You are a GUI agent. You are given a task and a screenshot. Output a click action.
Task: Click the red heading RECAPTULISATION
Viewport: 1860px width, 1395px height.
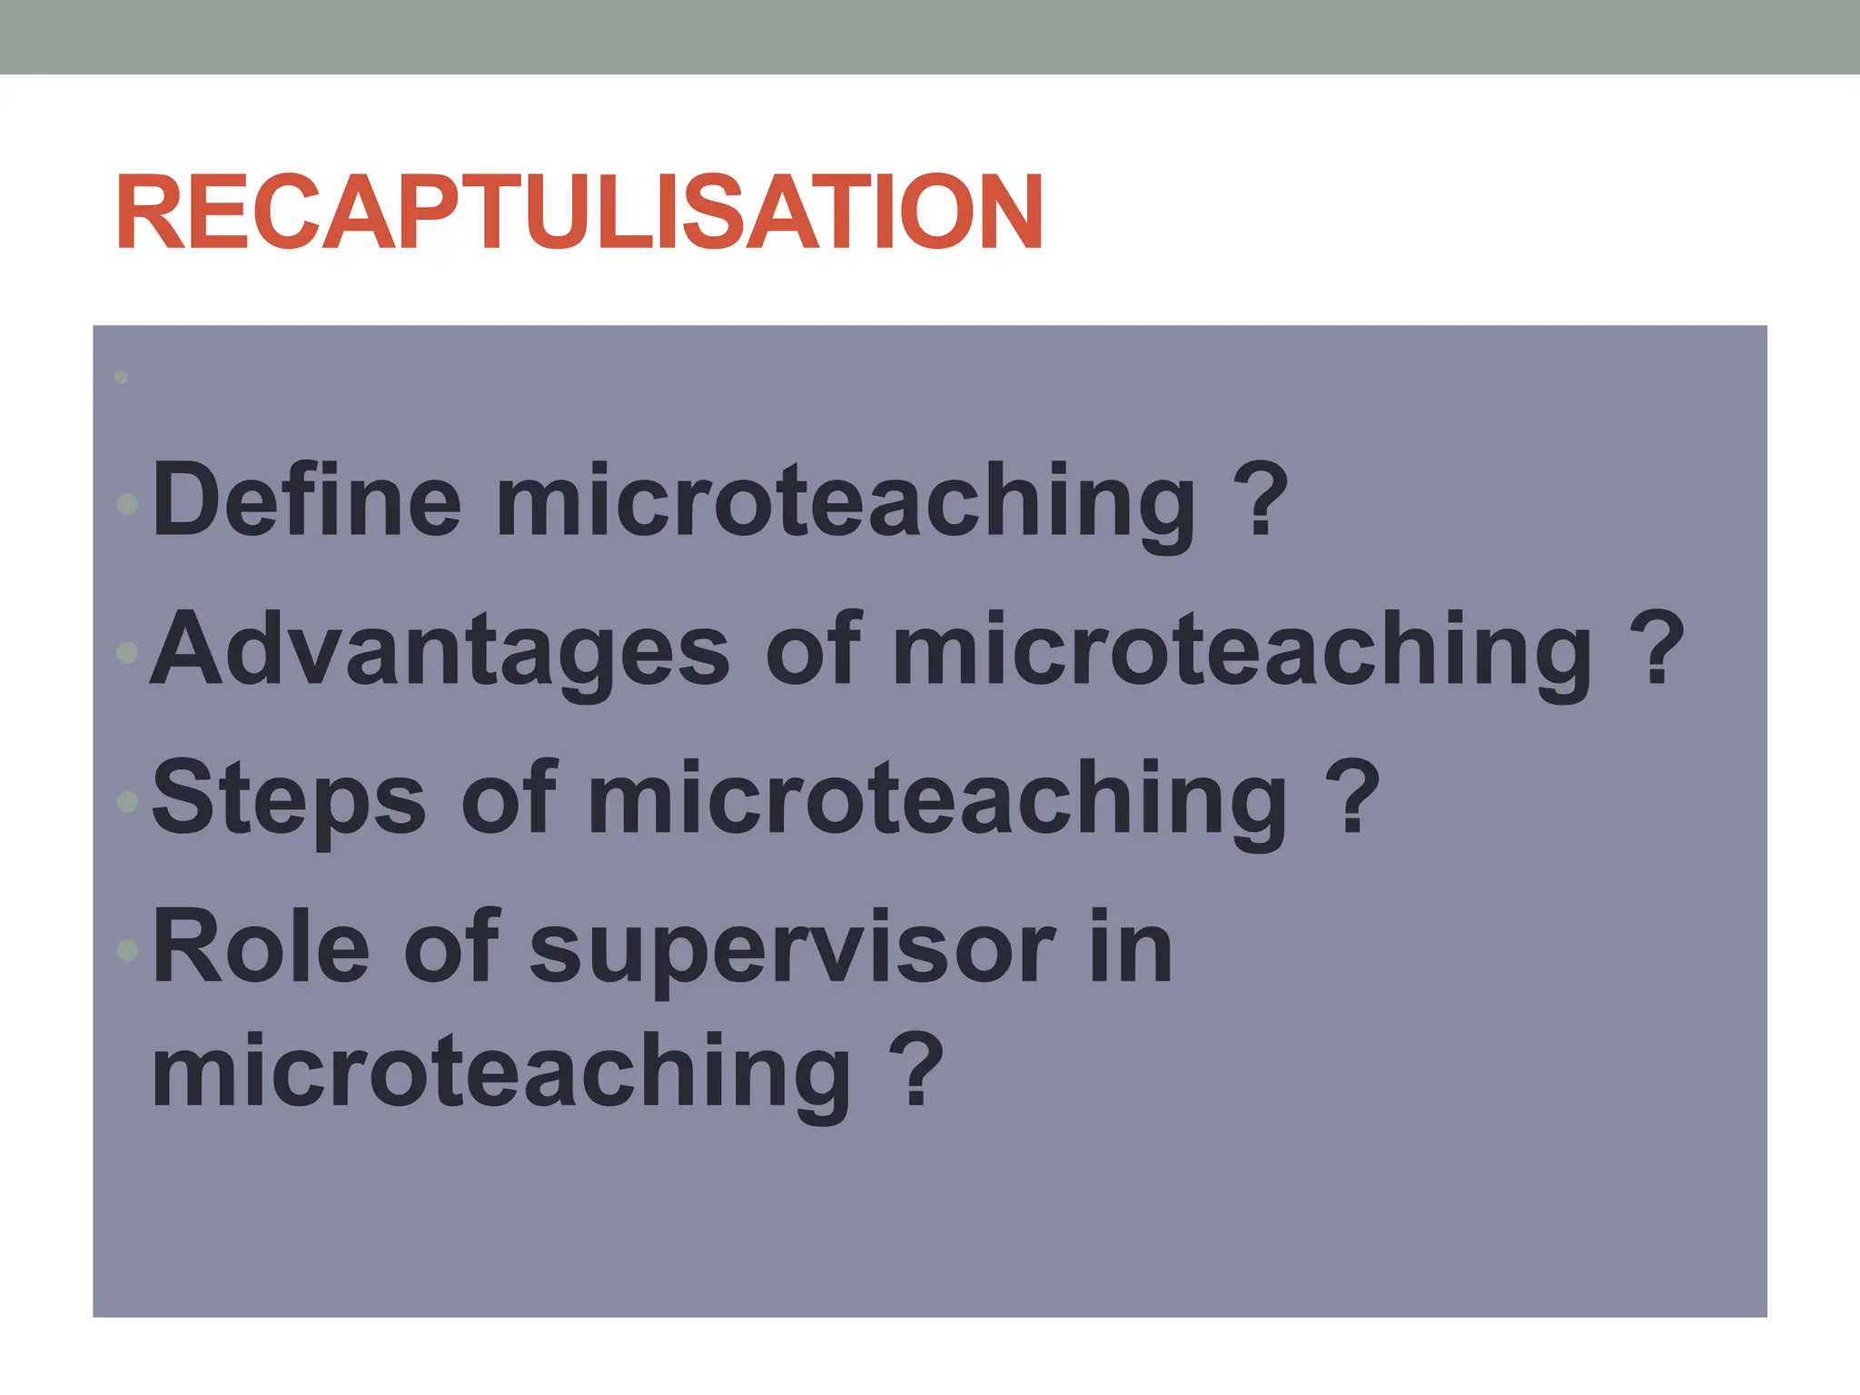579,213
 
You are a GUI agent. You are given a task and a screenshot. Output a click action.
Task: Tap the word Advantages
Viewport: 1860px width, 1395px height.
440,650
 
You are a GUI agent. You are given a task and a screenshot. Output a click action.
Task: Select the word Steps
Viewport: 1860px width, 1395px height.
289,800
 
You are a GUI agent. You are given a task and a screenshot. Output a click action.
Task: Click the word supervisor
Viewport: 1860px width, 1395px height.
793,950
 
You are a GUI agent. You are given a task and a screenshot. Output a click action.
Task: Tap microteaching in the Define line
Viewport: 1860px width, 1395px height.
846,502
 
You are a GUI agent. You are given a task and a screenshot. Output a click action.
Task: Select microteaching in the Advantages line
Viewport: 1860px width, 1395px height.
1242,651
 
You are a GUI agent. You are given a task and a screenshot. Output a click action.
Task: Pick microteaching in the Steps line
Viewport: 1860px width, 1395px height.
937,799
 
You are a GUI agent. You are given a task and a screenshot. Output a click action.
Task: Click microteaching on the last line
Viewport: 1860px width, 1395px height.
501,1073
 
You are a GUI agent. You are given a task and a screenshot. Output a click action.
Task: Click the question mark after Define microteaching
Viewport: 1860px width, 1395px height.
1262,500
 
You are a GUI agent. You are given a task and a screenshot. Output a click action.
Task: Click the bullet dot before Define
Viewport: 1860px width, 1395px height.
128,503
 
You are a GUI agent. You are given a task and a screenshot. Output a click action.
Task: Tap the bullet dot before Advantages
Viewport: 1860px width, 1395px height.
128,652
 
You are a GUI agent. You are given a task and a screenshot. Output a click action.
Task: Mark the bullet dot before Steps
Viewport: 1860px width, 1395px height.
128,801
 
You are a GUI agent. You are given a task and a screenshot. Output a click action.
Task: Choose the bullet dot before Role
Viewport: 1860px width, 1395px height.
128,950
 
